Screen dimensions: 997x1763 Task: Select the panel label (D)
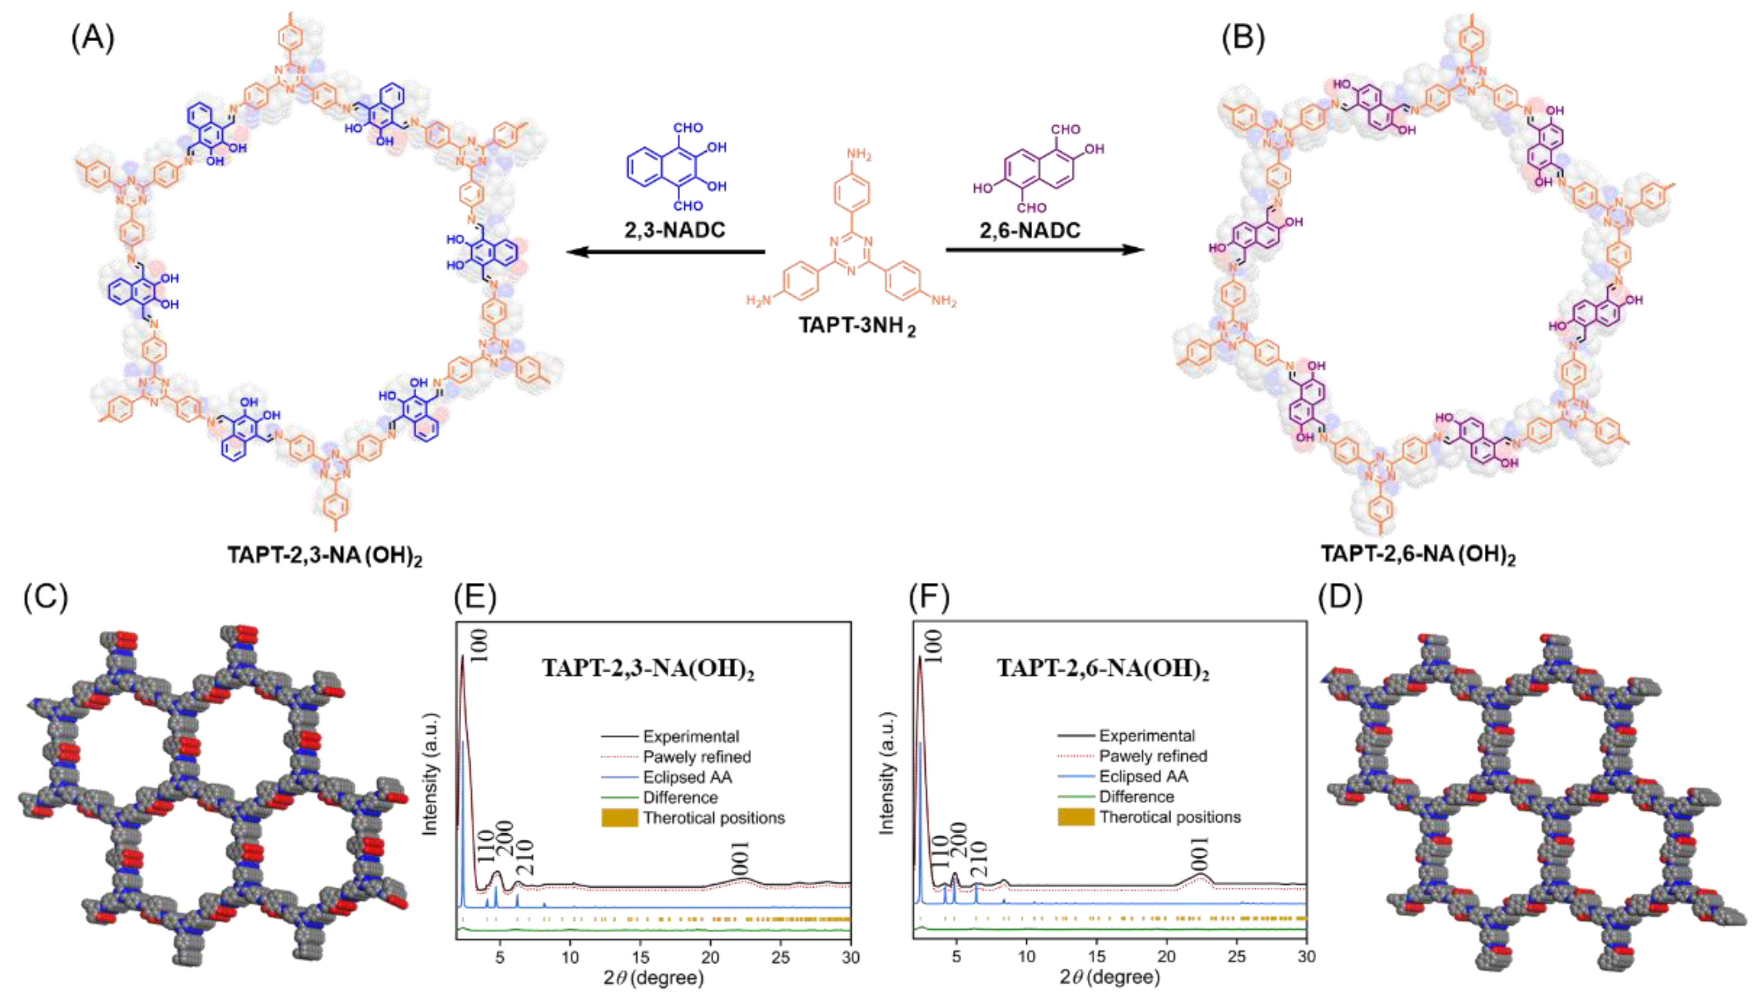pyautogui.click(x=1339, y=598)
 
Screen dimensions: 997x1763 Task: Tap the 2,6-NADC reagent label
pyautogui.click(x=1029, y=231)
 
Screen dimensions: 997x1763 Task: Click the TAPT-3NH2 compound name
pyautogui.click(x=856, y=325)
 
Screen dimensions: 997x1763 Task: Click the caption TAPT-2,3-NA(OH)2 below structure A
pyautogui.click(x=324, y=555)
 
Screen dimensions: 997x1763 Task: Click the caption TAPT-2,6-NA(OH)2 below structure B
pyautogui.click(x=1417, y=554)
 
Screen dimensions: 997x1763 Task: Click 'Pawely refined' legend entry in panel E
pyautogui.click(x=697, y=757)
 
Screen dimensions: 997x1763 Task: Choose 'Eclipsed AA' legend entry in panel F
pyautogui.click(x=1143, y=777)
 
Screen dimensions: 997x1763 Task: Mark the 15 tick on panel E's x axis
pyautogui.click(x=640, y=957)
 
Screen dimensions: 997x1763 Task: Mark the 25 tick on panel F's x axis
pyautogui.click(x=1236, y=957)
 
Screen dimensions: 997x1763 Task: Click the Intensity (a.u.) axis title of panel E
pyautogui.click(x=430, y=774)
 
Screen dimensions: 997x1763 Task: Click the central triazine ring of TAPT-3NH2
pyautogui.click(x=851, y=253)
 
